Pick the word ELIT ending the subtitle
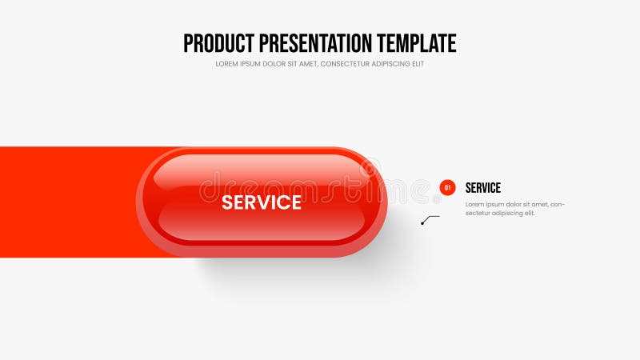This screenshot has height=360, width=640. tap(418, 64)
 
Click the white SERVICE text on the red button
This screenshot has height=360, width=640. tap(261, 202)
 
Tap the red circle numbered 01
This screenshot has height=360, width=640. tap(447, 188)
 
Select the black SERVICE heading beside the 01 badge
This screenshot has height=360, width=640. tap(483, 188)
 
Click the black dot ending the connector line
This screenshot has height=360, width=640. tap(422, 223)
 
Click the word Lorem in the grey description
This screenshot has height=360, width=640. tap(474, 204)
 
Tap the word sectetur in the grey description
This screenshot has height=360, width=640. tap(478, 213)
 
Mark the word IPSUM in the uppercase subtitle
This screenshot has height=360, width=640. tap(251, 64)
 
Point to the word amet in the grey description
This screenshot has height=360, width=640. tap(538, 204)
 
